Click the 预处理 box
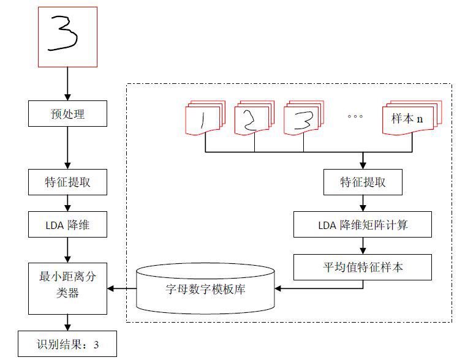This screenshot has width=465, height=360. click(67, 113)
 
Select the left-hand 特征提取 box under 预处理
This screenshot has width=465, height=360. click(67, 182)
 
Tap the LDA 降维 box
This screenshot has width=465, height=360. click(67, 224)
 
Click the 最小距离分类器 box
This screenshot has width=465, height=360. click(67, 288)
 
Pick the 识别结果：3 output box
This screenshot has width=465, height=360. click(67, 343)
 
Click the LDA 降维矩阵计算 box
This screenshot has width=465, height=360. click(363, 224)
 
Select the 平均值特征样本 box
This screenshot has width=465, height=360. click(363, 267)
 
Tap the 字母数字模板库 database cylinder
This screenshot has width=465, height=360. click(205, 288)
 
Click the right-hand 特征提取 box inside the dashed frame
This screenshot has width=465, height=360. click(363, 182)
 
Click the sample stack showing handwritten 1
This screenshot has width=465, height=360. click(205, 118)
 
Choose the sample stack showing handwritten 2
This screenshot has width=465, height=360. click(254, 118)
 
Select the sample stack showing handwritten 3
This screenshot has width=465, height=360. click(304, 118)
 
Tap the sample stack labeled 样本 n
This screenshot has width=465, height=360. click(412, 118)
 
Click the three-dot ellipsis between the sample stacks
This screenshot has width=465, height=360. click(355, 116)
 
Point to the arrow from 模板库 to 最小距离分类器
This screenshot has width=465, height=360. click(122, 288)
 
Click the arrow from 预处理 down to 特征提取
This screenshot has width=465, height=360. click(67, 148)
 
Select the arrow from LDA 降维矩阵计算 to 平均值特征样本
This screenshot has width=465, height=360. click(363, 246)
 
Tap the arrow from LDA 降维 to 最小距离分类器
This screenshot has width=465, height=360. click(67, 250)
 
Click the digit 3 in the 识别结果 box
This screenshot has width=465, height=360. click(96, 345)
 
